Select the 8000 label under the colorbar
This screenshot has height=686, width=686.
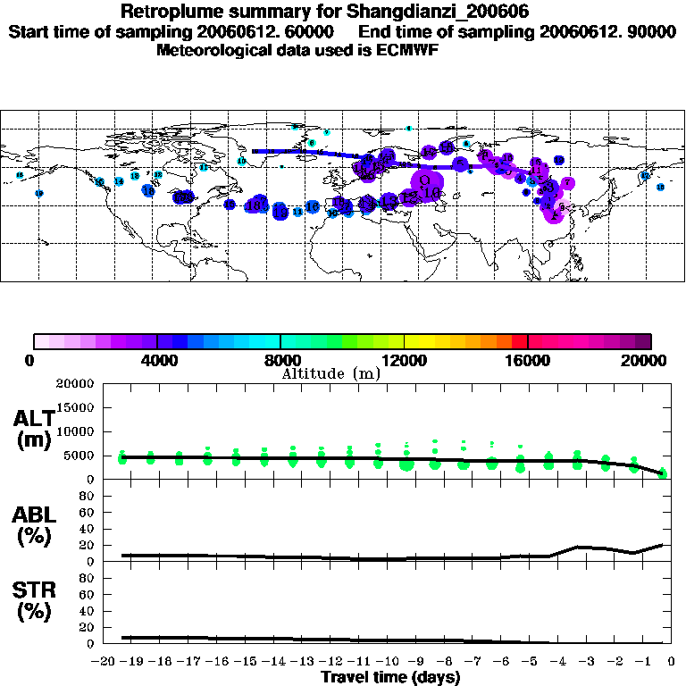(280, 361)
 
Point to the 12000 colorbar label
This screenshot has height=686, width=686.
(404, 361)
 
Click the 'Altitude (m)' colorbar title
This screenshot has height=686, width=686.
(330, 373)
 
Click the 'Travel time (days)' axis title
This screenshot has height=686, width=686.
(390, 678)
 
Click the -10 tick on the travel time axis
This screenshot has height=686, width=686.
(387, 662)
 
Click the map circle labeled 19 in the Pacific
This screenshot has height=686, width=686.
(38, 193)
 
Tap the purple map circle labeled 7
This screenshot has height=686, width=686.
(567, 183)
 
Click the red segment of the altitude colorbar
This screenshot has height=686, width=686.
(520, 341)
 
